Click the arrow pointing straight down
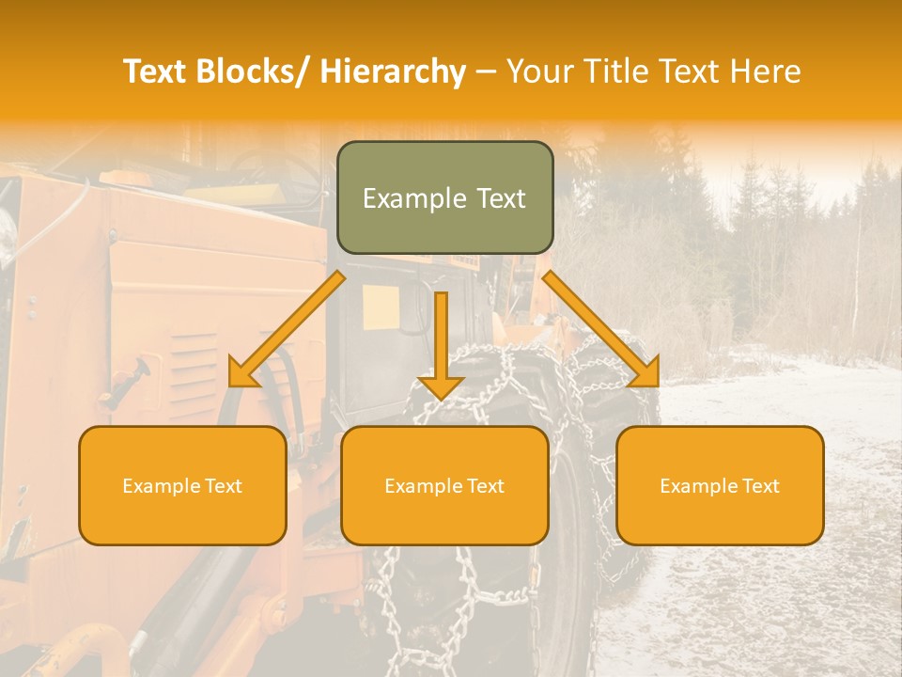(441, 343)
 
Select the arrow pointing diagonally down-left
(286, 329)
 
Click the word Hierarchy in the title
(393, 71)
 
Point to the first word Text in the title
(157, 71)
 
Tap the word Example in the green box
(414, 198)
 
